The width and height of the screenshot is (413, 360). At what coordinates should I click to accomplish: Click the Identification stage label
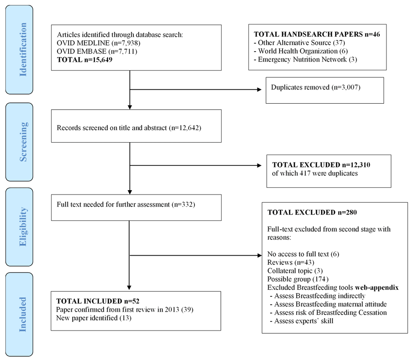coord(23,50)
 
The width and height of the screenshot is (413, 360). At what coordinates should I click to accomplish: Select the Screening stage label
coord(23,142)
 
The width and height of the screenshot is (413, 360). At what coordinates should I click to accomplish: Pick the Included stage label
coord(23,314)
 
